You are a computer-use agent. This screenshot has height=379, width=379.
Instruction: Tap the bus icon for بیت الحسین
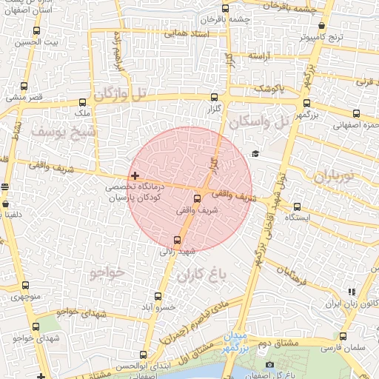coord(37,31)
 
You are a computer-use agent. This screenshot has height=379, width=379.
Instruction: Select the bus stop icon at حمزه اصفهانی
coord(358,114)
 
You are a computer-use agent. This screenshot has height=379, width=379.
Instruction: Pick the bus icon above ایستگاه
coord(298,207)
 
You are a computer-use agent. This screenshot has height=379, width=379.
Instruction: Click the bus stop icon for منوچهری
coord(26,286)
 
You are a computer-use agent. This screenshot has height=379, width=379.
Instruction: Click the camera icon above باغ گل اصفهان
coord(269,364)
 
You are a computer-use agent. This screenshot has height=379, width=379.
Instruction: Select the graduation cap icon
coord(255,153)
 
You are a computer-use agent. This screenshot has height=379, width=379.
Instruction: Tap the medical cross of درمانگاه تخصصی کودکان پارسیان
coord(134,176)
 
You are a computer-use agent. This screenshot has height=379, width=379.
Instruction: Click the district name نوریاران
coord(335,177)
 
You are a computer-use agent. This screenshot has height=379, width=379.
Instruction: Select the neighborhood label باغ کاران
coord(200,277)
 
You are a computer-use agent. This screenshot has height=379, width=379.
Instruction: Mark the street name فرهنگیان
coord(289,275)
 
